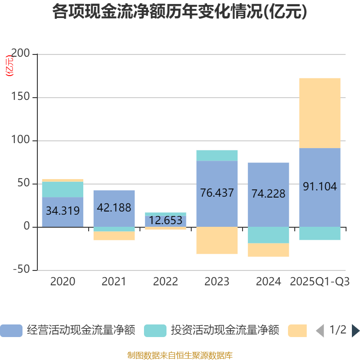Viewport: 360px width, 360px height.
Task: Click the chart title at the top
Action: pos(180,12)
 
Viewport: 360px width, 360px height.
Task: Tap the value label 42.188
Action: pos(114,208)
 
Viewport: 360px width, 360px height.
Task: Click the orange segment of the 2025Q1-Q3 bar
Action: pos(319,113)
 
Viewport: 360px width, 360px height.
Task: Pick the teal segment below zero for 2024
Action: pos(268,235)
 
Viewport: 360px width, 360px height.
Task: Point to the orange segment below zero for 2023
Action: pos(217,240)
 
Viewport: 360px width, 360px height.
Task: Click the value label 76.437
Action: pos(217,193)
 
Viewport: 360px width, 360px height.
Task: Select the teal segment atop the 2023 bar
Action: pos(217,155)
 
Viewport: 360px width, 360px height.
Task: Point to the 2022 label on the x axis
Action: pos(165,282)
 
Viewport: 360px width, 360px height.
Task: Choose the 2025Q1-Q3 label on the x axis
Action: pos(319,282)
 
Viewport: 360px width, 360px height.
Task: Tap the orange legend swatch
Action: pos(297,331)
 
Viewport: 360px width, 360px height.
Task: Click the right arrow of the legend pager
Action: pos(355,331)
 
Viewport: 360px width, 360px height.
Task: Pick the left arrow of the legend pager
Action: pos(320,331)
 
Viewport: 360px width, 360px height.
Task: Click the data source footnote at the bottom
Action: pos(180,355)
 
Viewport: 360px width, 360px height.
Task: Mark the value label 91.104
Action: pos(319,187)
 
